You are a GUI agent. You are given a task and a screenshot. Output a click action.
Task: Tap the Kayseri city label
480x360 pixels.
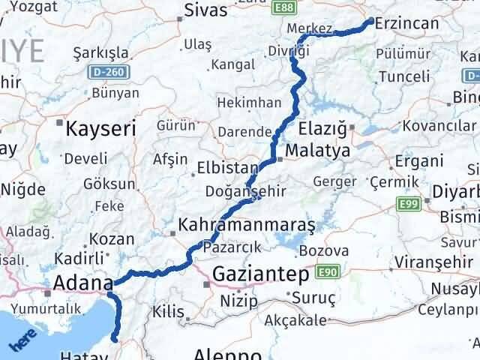(x=100, y=128)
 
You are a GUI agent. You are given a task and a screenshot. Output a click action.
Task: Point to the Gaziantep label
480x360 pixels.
(x=260, y=274)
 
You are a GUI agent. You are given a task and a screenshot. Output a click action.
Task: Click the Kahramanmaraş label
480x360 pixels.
(x=247, y=224)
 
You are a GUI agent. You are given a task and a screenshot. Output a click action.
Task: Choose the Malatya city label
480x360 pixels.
(x=317, y=151)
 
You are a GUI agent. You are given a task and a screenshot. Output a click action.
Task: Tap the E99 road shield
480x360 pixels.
(x=407, y=203)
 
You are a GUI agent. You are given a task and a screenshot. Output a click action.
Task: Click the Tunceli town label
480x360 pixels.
(x=404, y=76)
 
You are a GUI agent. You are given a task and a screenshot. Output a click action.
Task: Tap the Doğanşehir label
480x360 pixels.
(x=255, y=191)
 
